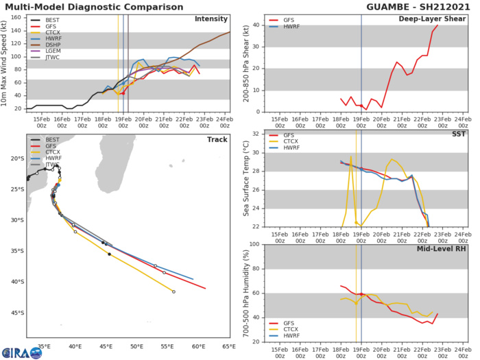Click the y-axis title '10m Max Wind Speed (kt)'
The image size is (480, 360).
(5, 62)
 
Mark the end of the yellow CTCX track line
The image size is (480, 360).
(173, 291)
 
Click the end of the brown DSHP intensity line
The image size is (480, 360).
(230, 32)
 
